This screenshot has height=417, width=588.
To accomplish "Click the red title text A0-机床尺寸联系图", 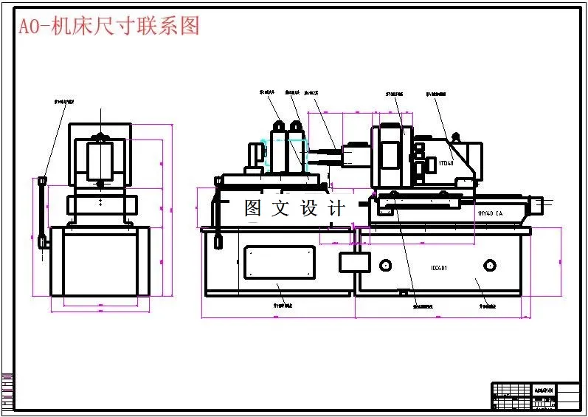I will click(x=109, y=27).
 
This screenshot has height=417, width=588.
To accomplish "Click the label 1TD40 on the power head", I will click(x=446, y=163).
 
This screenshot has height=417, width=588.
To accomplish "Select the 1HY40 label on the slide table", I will click(x=489, y=213).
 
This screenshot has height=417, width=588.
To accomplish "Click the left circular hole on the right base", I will click(x=384, y=265).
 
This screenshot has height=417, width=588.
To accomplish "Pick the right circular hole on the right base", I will click(x=489, y=265).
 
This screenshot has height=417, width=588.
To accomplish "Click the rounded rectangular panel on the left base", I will click(x=280, y=261).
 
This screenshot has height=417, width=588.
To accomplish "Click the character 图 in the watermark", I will click(x=253, y=209).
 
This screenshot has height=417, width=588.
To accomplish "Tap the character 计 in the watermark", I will click(x=336, y=209).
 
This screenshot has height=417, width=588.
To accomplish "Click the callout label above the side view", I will click(x=65, y=100).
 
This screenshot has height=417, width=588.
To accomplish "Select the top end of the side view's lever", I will click(x=43, y=181).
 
